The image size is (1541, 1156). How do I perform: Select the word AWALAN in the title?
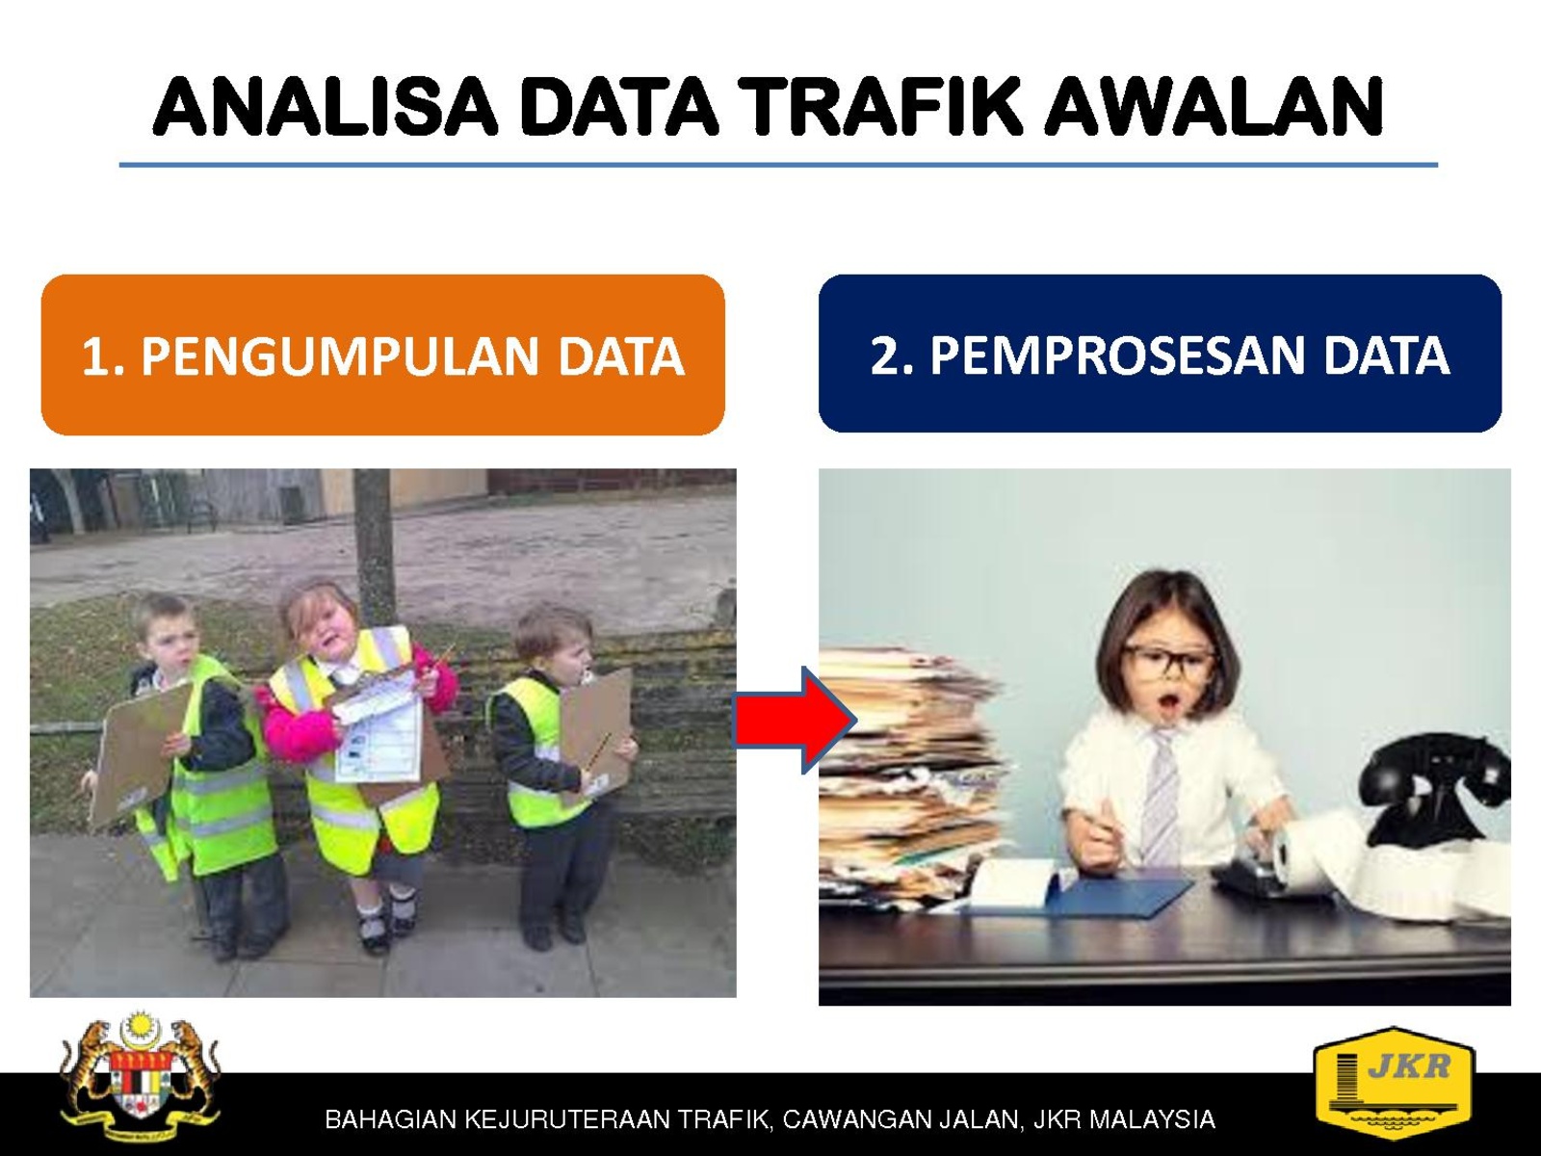pyautogui.click(x=1214, y=107)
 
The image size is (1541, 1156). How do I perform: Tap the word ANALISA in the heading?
pyautogui.click(x=326, y=107)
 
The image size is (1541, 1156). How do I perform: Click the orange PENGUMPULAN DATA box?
pyautogui.click(x=383, y=355)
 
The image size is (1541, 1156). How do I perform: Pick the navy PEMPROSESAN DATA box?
pyautogui.click(x=1160, y=353)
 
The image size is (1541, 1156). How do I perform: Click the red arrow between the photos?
pyautogui.click(x=794, y=721)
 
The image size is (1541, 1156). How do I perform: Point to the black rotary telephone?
pyautogui.click(x=1432, y=790)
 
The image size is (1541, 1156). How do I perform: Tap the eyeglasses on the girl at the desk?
pyautogui.click(x=1169, y=661)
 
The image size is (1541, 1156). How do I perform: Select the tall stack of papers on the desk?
pyautogui.click(x=913, y=772)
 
